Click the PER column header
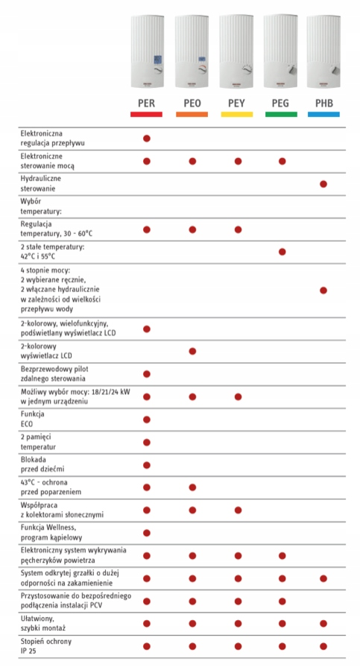pyautogui.click(x=146, y=104)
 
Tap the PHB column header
pyautogui.click(x=323, y=104)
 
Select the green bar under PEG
pyautogui.click(x=281, y=115)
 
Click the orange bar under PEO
pyautogui.click(x=192, y=115)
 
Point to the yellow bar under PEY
pyautogui.click(x=236, y=115)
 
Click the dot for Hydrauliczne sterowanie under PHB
pyautogui.click(x=323, y=184)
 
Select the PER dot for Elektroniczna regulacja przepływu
pyautogui.click(x=147, y=139)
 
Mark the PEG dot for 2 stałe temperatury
pyautogui.click(x=282, y=252)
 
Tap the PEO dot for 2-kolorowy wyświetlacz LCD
pyautogui.click(x=192, y=351)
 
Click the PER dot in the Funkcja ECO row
pyautogui.click(x=147, y=420)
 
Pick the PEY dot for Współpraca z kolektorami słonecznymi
pyautogui.click(x=238, y=510)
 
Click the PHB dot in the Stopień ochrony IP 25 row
pyautogui.click(x=323, y=646)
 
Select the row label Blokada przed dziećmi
pyautogui.click(x=42, y=464)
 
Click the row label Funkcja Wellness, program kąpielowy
pyautogui.click(x=51, y=532)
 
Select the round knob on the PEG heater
pyautogui.click(x=291, y=70)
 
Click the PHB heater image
pyautogui.click(x=323, y=51)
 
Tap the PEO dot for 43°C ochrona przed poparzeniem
pyautogui.click(x=192, y=487)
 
